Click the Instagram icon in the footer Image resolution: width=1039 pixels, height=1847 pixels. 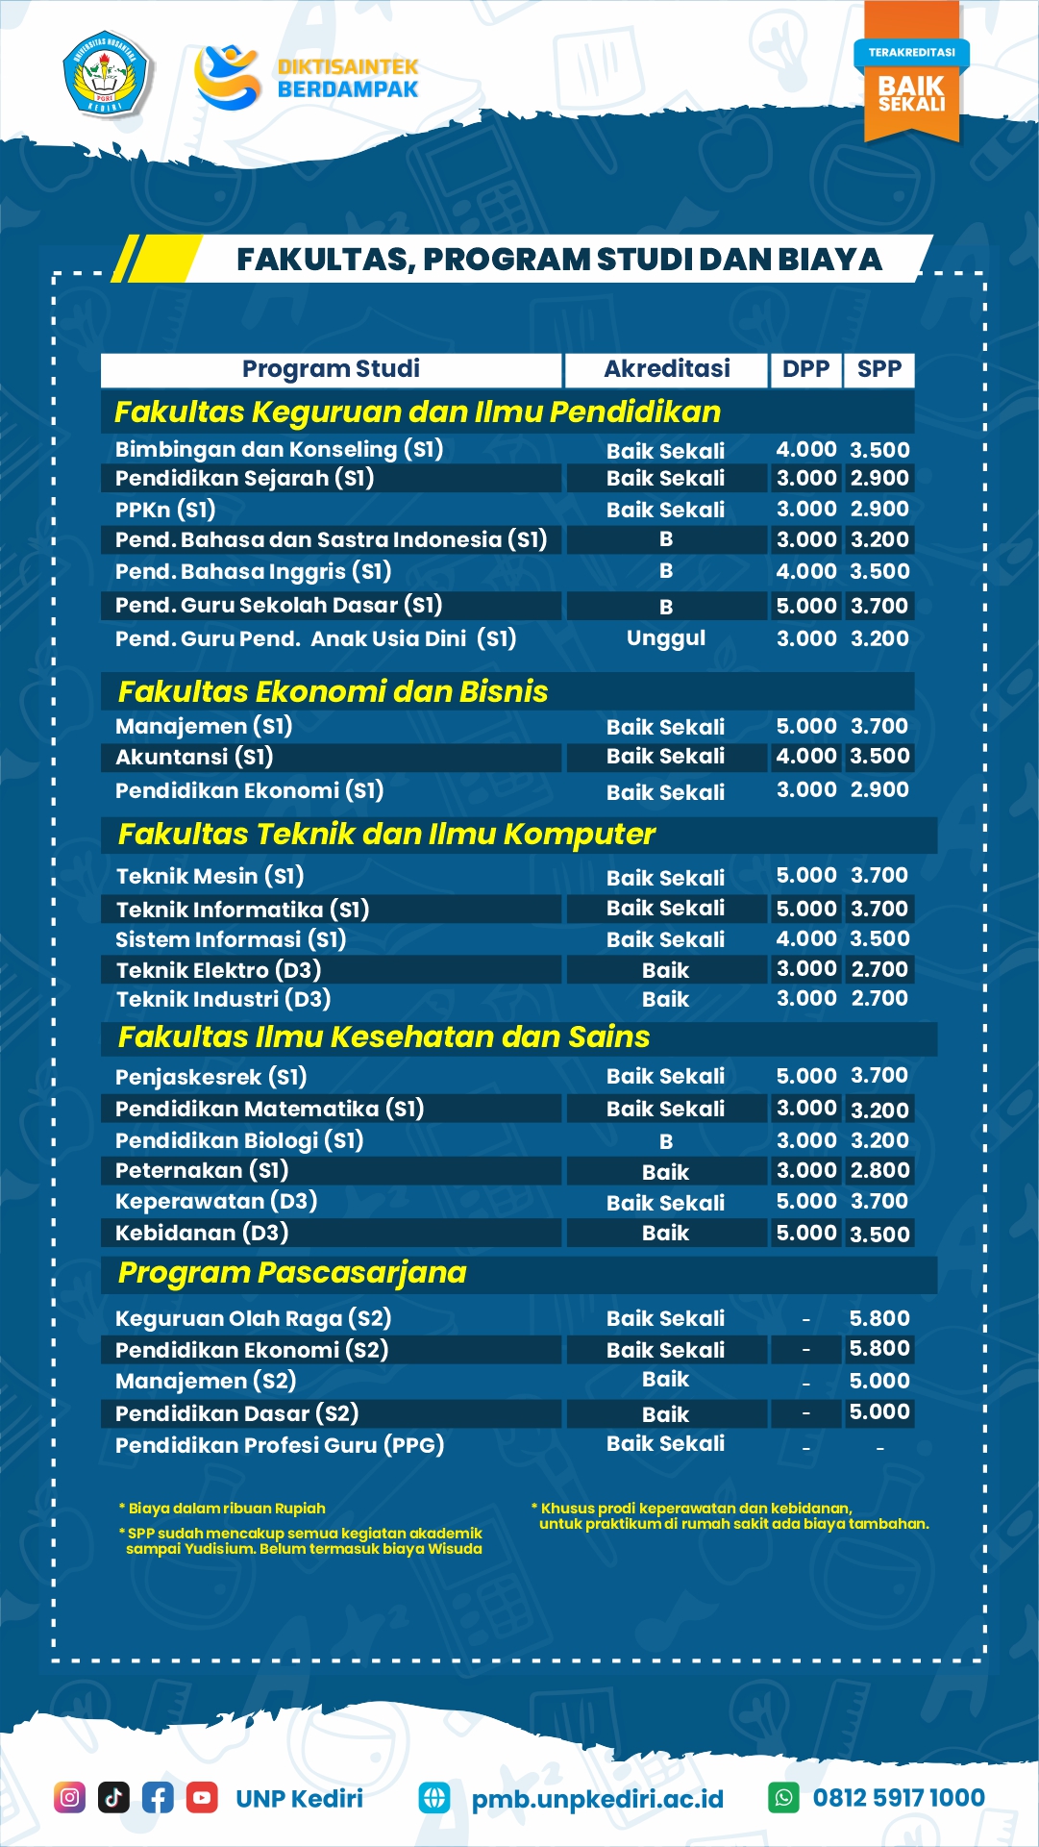click(x=69, y=1797)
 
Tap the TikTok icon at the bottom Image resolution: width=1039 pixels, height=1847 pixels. click(x=113, y=1797)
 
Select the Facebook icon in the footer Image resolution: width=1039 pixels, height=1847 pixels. click(x=158, y=1797)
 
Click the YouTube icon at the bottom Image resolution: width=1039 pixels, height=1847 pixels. click(x=202, y=1797)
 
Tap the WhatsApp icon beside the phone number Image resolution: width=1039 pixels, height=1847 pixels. click(x=784, y=1797)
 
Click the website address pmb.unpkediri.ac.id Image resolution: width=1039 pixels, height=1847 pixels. click(x=597, y=1799)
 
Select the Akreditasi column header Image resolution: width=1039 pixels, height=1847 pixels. click(x=666, y=369)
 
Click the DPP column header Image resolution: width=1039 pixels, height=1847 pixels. click(x=805, y=369)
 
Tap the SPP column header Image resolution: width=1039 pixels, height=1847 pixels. click(x=878, y=369)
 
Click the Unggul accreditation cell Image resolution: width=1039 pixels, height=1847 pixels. click(x=666, y=638)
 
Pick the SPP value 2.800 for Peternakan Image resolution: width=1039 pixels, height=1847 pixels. click(x=879, y=1170)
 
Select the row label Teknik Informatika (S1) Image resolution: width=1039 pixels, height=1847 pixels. click(x=242, y=910)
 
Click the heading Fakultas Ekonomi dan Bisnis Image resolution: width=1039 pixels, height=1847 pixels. click(x=333, y=691)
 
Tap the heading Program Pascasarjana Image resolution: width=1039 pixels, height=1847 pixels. click(x=291, y=1273)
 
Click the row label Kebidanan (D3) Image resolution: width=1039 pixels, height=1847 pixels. click(x=202, y=1233)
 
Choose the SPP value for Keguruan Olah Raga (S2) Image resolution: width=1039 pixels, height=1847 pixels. click(x=879, y=1318)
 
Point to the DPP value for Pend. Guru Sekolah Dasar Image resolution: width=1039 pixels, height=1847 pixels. click(x=806, y=606)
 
